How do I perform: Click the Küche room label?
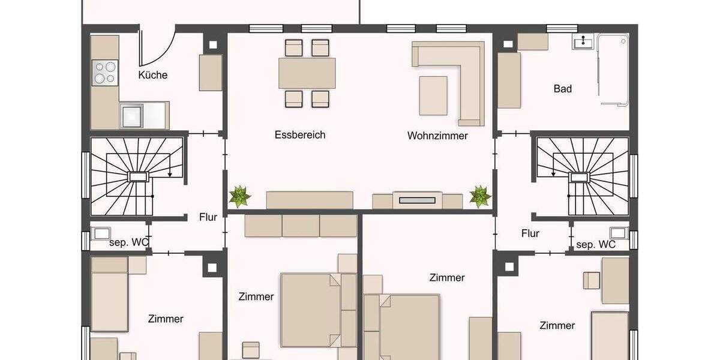pyautogui.click(x=152, y=76)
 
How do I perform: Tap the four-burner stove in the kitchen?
pyautogui.click(x=104, y=73)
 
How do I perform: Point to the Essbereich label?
pyautogui.click(x=300, y=135)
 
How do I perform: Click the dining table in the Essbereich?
pyautogui.click(x=307, y=73)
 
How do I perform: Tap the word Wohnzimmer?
pyautogui.click(x=437, y=136)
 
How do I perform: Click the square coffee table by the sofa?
pyautogui.click(x=433, y=95)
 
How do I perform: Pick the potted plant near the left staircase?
pyautogui.click(x=240, y=196)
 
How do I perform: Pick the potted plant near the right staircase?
pyautogui.click(x=480, y=196)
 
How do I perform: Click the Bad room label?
pyautogui.click(x=562, y=89)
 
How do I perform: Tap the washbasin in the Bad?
pyautogui.click(x=583, y=41)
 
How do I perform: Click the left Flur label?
pyautogui.click(x=208, y=217)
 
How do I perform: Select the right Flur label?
pyautogui.click(x=530, y=233)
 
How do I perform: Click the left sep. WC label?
pyautogui.click(x=128, y=243)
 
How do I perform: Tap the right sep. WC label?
pyautogui.click(x=596, y=245)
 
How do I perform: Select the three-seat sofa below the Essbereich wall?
pyautogui.click(x=301, y=226)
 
